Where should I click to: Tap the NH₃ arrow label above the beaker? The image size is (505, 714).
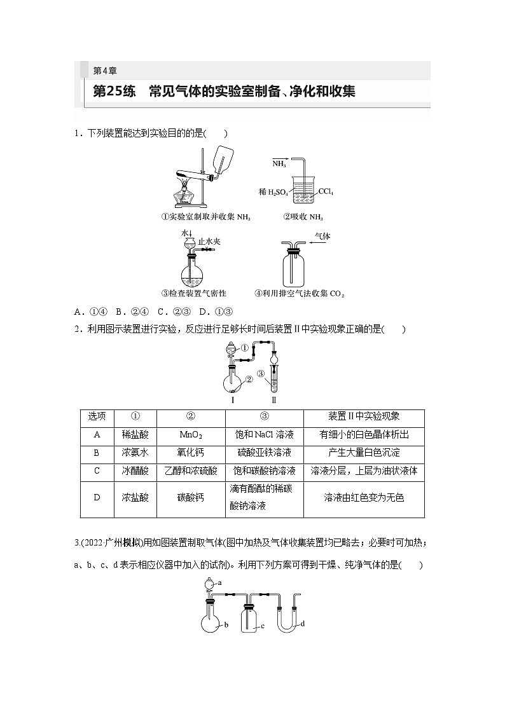pyautogui.click(x=279, y=163)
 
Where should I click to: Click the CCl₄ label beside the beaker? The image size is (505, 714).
pyautogui.click(x=326, y=191)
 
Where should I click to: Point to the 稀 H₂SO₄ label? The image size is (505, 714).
pyautogui.click(x=273, y=191)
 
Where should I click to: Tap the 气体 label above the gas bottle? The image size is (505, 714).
pyautogui.click(x=323, y=236)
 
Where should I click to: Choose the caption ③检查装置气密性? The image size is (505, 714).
pyautogui.click(x=193, y=293)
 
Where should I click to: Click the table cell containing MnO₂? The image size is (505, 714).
pyautogui.click(x=191, y=435)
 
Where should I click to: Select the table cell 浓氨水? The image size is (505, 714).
pyautogui.click(x=135, y=453)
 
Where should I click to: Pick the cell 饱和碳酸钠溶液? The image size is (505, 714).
pyautogui.click(x=264, y=471)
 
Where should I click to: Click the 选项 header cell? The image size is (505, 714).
pyautogui.click(x=97, y=417)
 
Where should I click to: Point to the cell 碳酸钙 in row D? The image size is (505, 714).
pyautogui.click(x=191, y=498)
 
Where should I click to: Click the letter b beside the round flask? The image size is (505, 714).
pyautogui.click(x=226, y=626)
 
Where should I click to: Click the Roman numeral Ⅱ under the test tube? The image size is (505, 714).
pyautogui.click(x=273, y=400)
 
